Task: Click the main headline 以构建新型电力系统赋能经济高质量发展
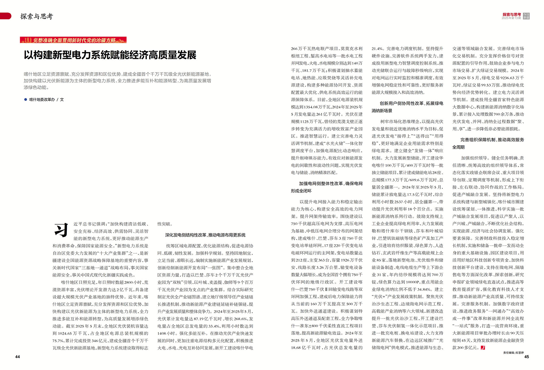[x=110, y=55]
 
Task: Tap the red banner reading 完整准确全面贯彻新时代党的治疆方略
[x=73, y=40]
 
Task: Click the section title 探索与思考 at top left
[x=37, y=16]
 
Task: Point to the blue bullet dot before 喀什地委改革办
[x=25, y=99]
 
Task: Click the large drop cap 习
[x=61, y=230]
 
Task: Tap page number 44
[x=18, y=357]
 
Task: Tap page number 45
[x=526, y=357]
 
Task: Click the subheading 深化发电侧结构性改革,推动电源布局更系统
[x=205, y=235]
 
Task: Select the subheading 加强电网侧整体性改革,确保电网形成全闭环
[x=327, y=187]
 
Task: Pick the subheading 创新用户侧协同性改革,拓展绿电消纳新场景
[x=407, y=107]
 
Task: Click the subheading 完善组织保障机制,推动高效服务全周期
[x=488, y=143]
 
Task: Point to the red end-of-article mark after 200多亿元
[x=483, y=348]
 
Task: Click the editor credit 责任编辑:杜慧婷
[x=513, y=353]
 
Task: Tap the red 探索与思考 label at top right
[x=512, y=14]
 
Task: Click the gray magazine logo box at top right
[x=526, y=16]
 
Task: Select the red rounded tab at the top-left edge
[x=5, y=16]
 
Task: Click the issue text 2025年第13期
[x=511, y=18]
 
